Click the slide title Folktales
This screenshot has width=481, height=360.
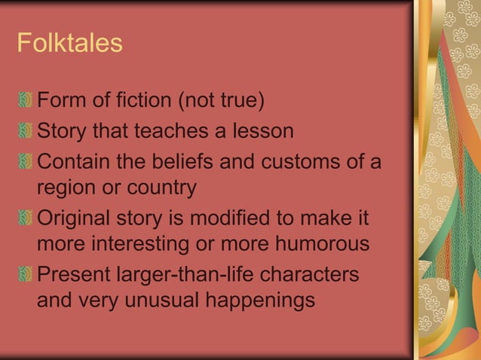click(69, 43)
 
